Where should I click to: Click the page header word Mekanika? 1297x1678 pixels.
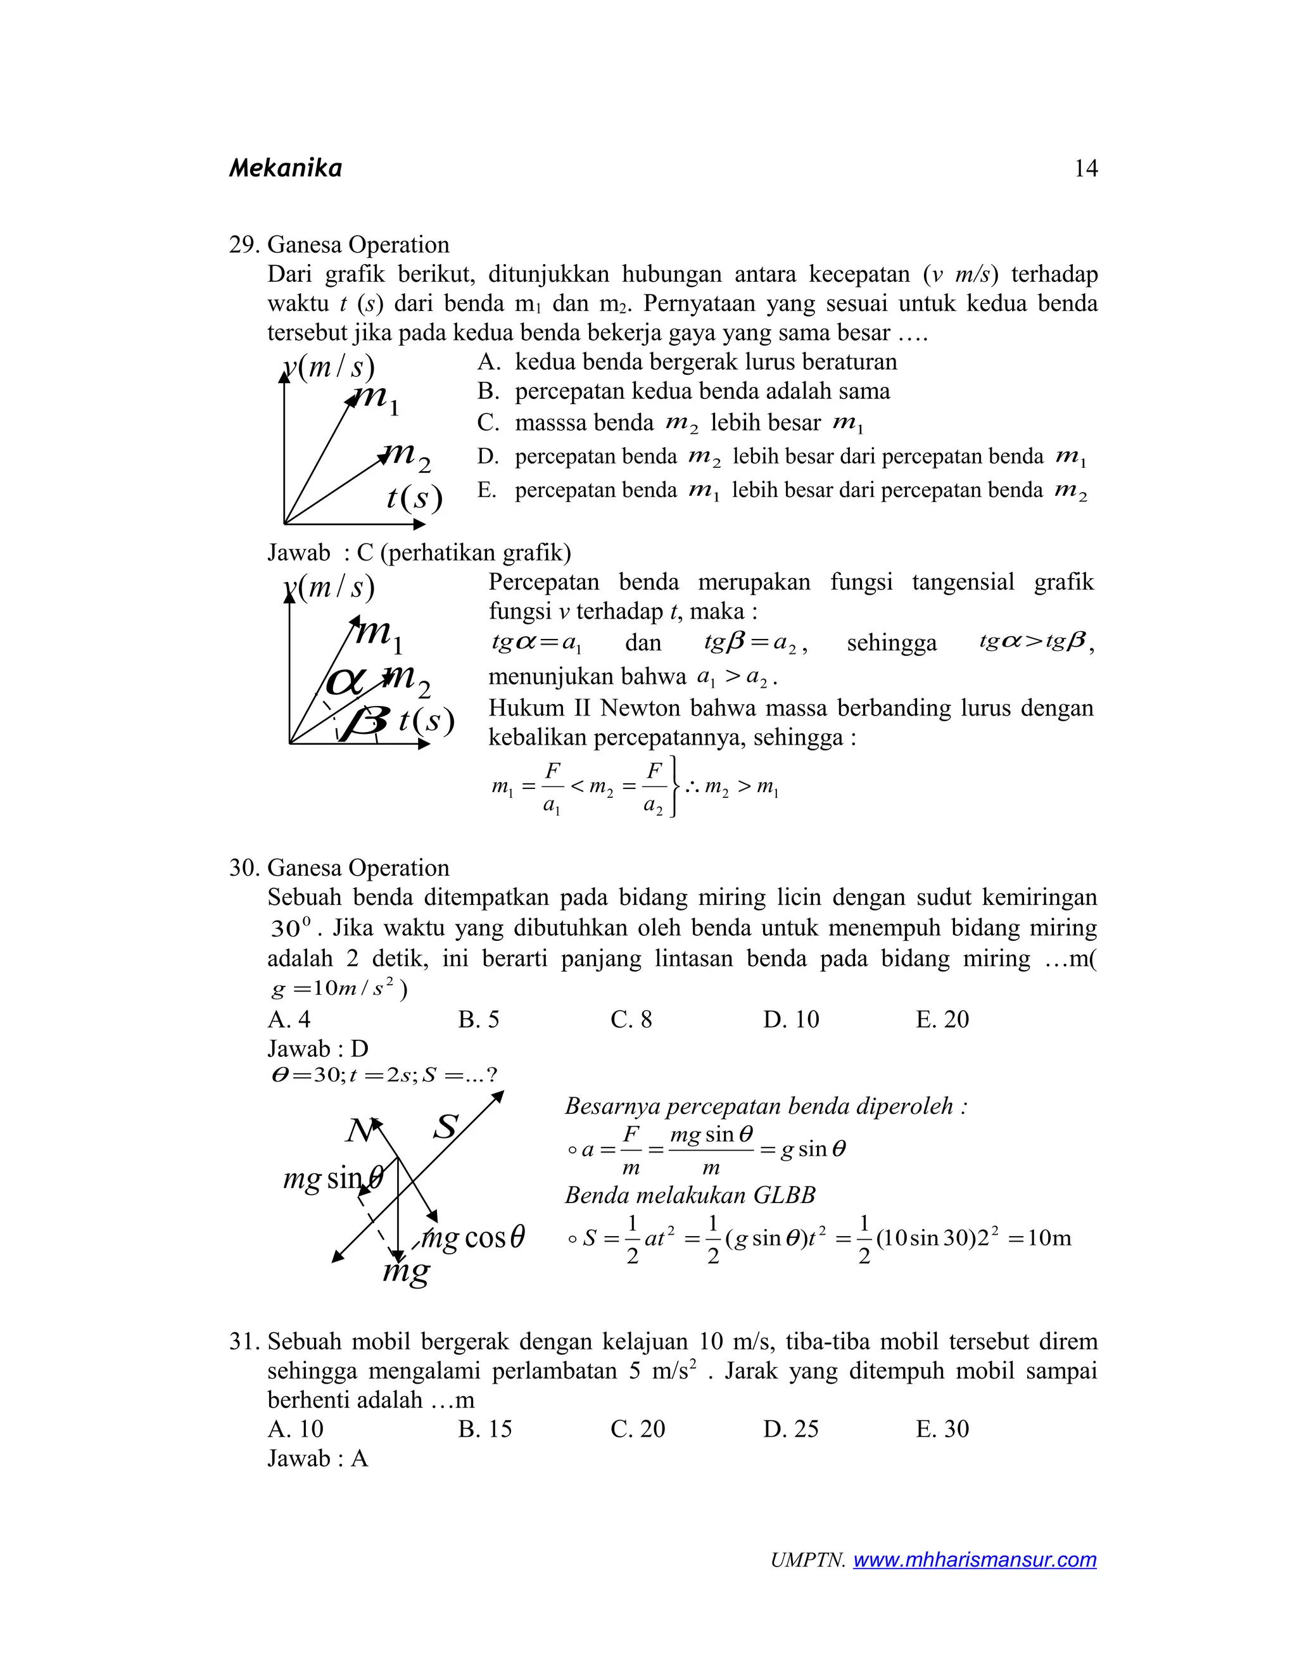pyautogui.click(x=285, y=168)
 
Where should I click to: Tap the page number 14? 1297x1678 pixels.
pyautogui.click(x=1085, y=168)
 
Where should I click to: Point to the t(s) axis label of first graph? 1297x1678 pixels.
pyautogui.click(x=414, y=498)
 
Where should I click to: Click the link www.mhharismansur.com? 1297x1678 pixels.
pyautogui.click(x=974, y=1560)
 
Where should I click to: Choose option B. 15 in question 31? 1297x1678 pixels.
pyautogui.click(x=485, y=1429)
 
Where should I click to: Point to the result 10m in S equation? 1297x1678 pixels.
pyautogui.click(x=1049, y=1238)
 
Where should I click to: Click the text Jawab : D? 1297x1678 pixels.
pyautogui.click(x=317, y=1049)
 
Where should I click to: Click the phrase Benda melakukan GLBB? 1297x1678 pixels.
pyautogui.click(x=689, y=1195)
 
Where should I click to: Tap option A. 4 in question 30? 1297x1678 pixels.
pyautogui.click(x=289, y=1019)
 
